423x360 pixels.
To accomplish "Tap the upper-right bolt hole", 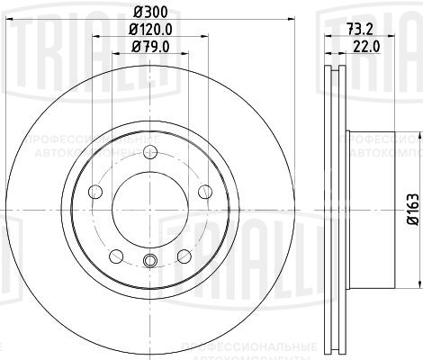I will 204,190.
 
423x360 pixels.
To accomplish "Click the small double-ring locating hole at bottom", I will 149,262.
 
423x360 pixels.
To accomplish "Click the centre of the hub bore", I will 149,208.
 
